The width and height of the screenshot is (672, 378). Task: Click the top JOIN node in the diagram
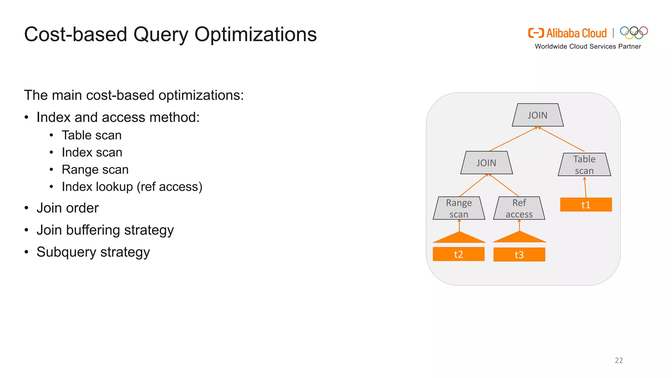537,115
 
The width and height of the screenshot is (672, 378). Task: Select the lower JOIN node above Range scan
486,163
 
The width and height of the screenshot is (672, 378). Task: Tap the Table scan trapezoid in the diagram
584,165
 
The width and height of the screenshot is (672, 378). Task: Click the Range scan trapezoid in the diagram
459,208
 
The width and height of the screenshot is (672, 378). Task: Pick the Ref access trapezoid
519,208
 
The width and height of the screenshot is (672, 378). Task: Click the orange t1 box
586,205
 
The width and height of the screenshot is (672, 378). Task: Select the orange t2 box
458,254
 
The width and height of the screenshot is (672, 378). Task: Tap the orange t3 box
519,255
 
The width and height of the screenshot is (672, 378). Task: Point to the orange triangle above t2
459,238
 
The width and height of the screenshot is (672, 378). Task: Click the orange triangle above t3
519,238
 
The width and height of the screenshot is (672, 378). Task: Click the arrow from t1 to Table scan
585,188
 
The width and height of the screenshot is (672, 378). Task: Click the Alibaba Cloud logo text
576,33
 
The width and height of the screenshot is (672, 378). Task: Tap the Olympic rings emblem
634,32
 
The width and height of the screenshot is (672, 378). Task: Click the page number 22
619,360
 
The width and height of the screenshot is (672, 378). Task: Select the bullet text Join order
67,208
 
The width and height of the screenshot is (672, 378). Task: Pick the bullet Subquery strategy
93,252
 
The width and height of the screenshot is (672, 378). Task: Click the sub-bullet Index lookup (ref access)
132,187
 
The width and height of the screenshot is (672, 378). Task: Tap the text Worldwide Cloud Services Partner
588,47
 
